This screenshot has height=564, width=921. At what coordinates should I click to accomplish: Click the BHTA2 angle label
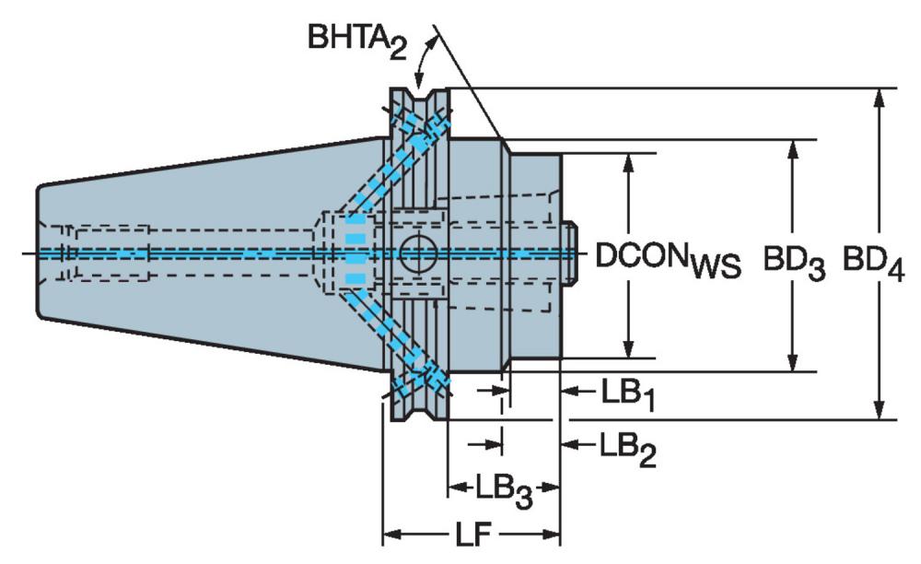coord(357,41)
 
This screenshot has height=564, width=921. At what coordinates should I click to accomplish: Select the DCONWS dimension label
coord(669,259)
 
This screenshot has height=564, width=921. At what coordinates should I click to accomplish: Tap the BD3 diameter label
coord(794,262)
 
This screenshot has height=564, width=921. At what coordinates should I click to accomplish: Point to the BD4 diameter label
coord(873,262)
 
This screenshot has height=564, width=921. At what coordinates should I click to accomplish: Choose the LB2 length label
coord(627,448)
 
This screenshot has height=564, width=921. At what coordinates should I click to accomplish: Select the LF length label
coord(472,534)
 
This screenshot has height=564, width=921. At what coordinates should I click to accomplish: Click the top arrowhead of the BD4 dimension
coord(880,99)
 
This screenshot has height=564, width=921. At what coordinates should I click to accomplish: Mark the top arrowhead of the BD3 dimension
coord(793,150)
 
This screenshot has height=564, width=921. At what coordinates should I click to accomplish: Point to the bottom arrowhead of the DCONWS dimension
coord(629,347)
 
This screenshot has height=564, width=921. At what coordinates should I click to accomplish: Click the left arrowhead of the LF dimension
coord(391,535)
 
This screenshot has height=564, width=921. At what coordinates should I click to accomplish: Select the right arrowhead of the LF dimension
coord(551,535)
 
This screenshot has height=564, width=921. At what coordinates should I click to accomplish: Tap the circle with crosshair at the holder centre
coord(418,253)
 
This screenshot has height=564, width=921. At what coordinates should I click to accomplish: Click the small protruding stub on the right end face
coord(570,253)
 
